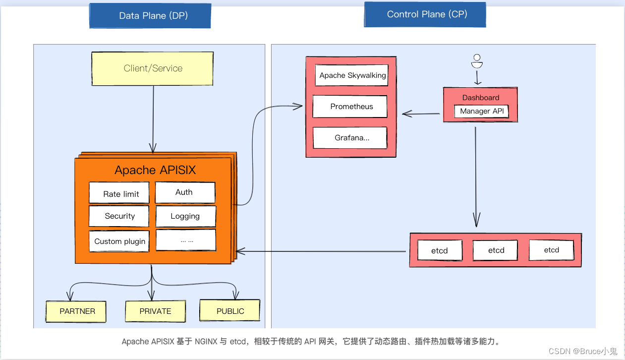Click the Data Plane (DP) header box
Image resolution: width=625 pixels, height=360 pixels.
pyautogui.click(x=150, y=16)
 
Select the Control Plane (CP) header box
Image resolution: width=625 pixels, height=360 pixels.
pyautogui.click(x=425, y=14)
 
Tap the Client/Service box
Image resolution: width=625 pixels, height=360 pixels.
pyautogui.click(x=153, y=68)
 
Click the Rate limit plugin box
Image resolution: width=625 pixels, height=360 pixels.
pyautogui.click(x=119, y=193)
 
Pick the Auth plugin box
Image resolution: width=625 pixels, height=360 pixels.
pyautogui.click(x=185, y=192)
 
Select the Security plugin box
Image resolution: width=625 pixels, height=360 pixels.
pyautogui.click(x=119, y=216)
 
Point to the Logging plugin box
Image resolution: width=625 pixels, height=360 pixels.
pyautogui.click(x=185, y=216)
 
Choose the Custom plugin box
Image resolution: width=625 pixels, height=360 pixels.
pyautogui.click(x=119, y=241)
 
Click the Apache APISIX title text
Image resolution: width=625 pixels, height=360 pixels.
pyautogui.click(x=155, y=170)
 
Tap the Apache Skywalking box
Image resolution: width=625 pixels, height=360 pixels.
pyautogui.click(x=352, y=75)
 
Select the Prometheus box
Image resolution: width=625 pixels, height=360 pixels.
pyautogui.click(x=351, y=107)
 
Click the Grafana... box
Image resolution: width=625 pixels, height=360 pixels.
pyautogui.click(x=350, y=138)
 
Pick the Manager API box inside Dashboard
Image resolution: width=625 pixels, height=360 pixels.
pyautogui.click(x=481, y=111)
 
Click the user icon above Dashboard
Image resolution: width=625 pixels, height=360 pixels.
pyautogui.click(x=477, y=61)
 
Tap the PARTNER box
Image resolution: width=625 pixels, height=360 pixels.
pyautogui.click(x=77, y=311)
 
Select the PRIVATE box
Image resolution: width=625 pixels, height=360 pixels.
pyautogui.click(x=155, y=311)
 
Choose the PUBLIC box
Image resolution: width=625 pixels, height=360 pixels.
pyautogui.click(x=230, y=310)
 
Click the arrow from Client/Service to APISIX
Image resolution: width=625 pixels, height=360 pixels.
pyautogui.click(x=153, y=119)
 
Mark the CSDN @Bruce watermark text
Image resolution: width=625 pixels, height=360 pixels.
pyautogui.click(x=582, y=351)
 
